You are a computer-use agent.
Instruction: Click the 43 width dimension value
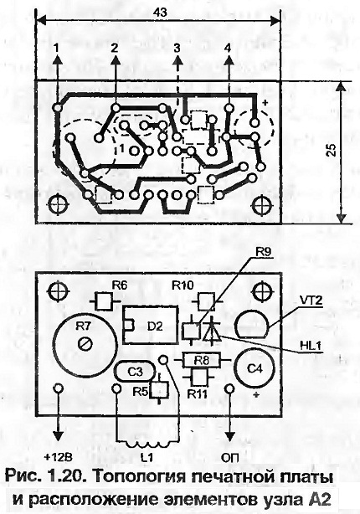pyautogui.click(x=160, y=12)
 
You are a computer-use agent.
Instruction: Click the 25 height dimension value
pyautogui.click(x=332, y=150)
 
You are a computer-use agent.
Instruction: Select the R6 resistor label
pyautogui.click(x=120, y=285)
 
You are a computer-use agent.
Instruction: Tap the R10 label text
pyautogui.click(x=183, y=285)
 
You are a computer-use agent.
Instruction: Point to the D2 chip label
pyautogui.click(x=155, y=326)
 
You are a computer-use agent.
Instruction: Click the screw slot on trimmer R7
pyautogui.click(x=85, y=344)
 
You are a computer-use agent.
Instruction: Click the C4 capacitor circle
pyautogui.click(x=255, y=368)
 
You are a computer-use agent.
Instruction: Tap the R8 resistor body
pyautogui.click(x=201, y=361)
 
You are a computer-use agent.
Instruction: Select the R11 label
pyautogui.click(x=198, y=393)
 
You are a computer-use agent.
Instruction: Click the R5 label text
pyautogui.click(x=141, y=392)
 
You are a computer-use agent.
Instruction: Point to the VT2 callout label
pyautogui.click(x=311, y=300)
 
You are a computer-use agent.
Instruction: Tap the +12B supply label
pyautogui.click(x=58, y=457)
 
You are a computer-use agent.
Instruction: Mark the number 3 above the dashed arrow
pyautogui.click(x=177, y=49)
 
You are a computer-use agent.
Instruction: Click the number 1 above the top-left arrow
pyautogui.click(x=57, y=49)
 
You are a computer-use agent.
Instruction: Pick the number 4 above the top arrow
pyautogui.click(x=228, y=49)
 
